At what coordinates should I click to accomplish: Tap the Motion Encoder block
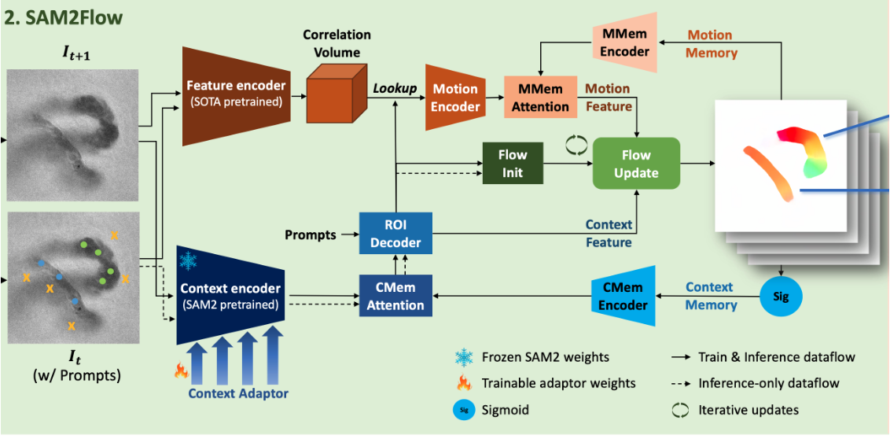(x=454, y=98)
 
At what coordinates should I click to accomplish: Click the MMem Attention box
(x=539, y=98)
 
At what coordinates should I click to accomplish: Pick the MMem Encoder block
(x=625, y=42)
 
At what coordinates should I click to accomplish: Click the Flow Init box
(x=513, y=164)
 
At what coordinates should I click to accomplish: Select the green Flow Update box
(x=635, y=164)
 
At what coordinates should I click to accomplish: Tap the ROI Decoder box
(x=396, y=234)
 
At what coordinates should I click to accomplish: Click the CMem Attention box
(x=395, y=296)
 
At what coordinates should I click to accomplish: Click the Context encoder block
(x=230, y=295)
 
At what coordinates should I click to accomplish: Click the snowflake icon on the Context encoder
(x=189, y=261)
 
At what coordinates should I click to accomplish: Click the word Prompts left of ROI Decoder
(x=310, y=234)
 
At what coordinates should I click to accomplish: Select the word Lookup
(x=395, y=89)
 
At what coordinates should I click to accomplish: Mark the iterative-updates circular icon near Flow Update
(x=576, y=143)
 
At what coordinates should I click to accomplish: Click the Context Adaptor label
(x=237, y=393)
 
